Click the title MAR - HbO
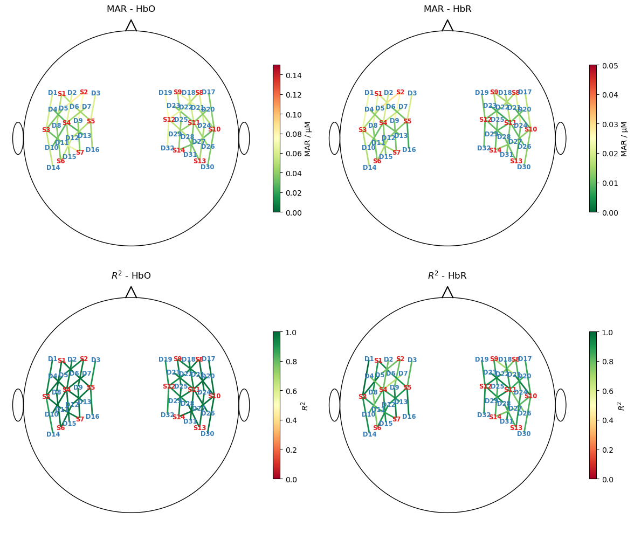[x=131, y=9]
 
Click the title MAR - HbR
[x=447, y=9]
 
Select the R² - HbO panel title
[x=131, y=276]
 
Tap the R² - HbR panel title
[x=447, y=276]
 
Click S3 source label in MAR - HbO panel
[x=46, y=130]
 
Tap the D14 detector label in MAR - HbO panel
[x=53, y=168]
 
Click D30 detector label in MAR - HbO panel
[x=207, y=167]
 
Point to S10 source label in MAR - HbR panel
[x=530, y=129]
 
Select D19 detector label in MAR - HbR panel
[x=481, y=93]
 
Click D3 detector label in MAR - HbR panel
[x=412, y=93]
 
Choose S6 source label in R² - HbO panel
[x=60, y=428]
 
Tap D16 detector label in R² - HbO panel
[x=92, y=417]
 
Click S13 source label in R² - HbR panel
[x=516, y=428]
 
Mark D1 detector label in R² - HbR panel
[x=369, y=359]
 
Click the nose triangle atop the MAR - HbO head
[x=131, y=26]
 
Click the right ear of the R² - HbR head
[x=561, y=405]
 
